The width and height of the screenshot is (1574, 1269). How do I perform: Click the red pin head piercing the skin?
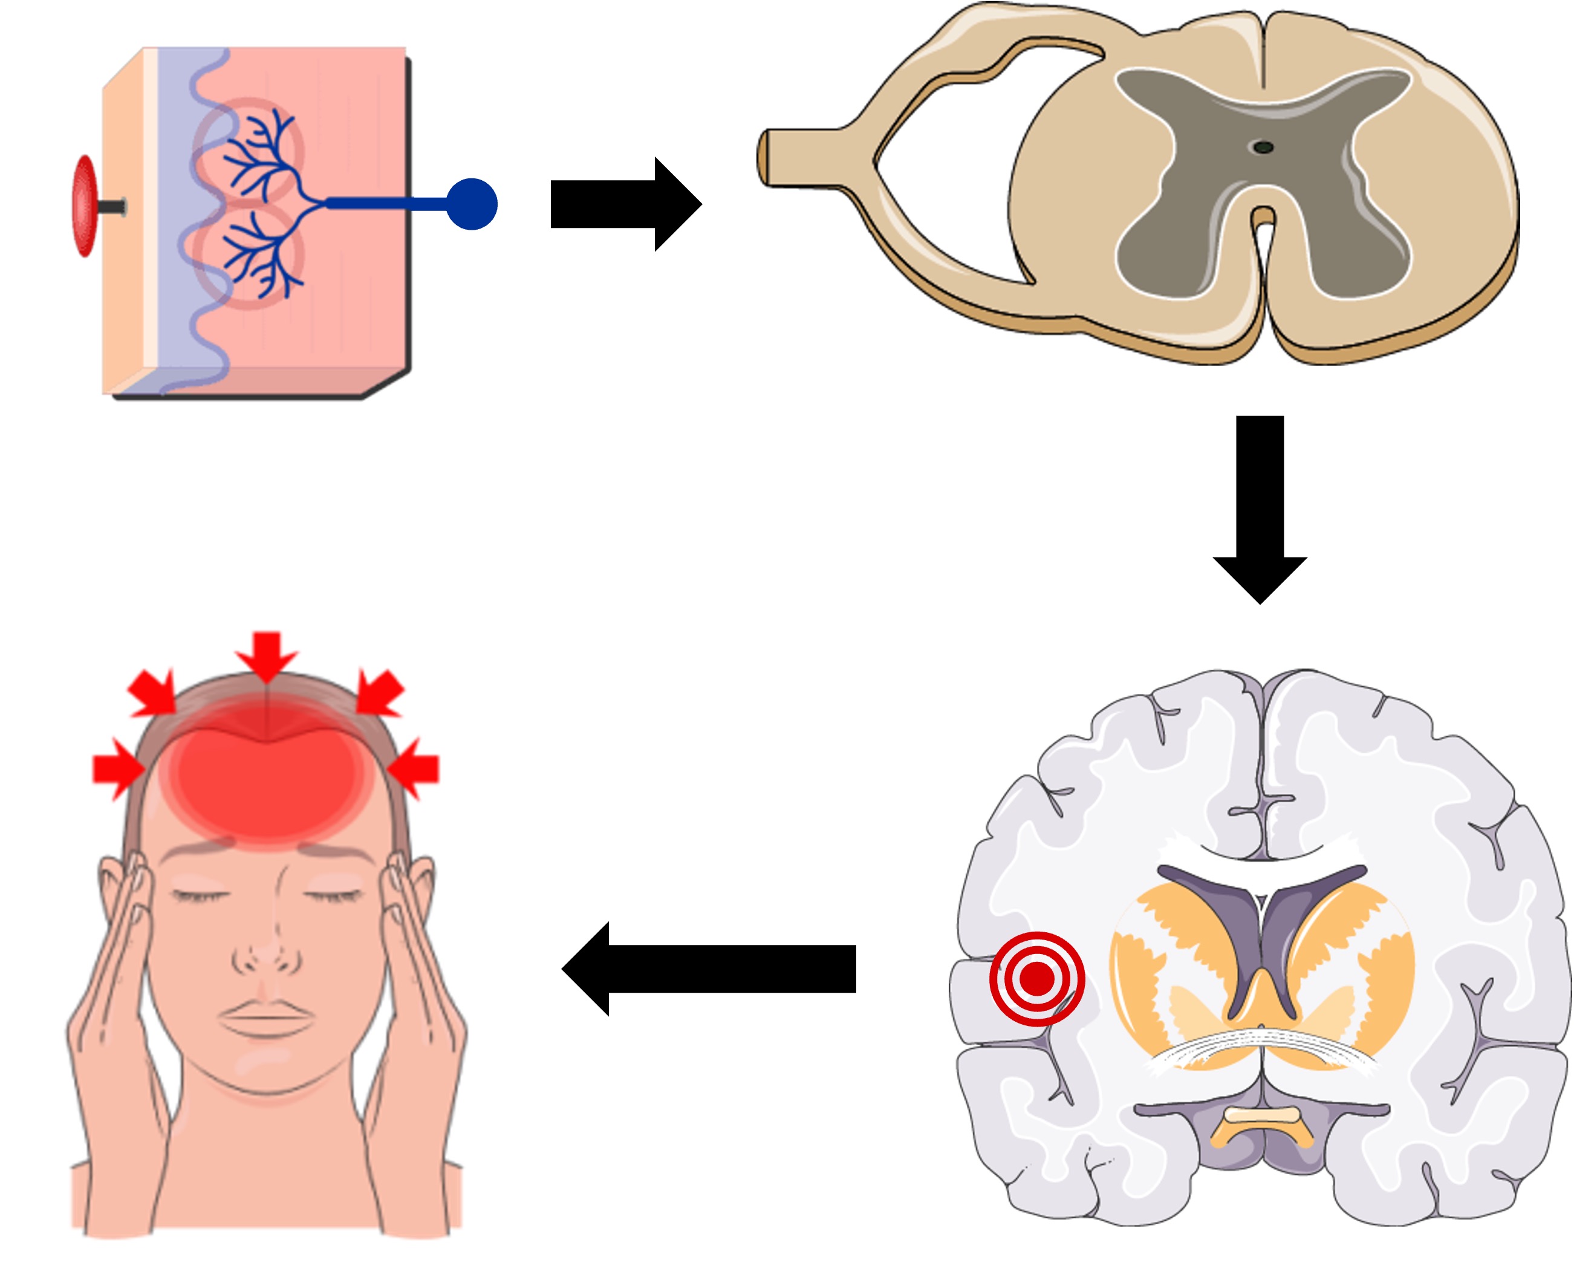tap(84, 206)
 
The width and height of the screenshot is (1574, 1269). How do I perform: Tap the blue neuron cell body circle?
tap(472, 204)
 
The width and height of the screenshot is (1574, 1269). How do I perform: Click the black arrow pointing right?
tap(625, 204)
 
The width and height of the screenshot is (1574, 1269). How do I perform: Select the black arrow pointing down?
tap(1260, 504)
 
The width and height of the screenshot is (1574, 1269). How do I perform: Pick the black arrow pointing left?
tap(709, 969)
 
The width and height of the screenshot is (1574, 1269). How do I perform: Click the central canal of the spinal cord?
tap(1263, 148)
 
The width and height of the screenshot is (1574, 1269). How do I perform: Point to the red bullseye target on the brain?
tap(1036, 978)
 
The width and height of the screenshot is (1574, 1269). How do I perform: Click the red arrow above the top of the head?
tap(267, 654)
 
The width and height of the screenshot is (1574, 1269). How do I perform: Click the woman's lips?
tap(266, 1014)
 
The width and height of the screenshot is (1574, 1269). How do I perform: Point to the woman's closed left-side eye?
tap(199, 895)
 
